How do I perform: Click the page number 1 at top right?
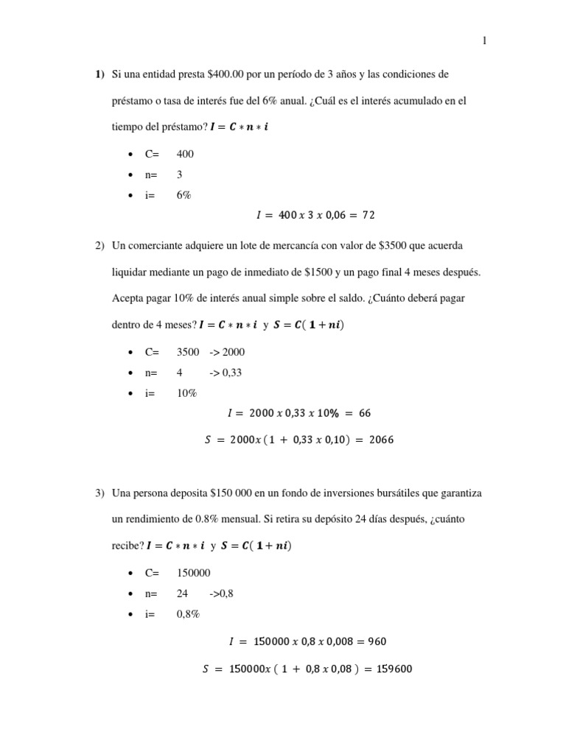tap(484, 42)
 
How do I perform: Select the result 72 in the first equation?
tap(368, 216)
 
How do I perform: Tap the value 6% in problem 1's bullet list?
tap(184, 195)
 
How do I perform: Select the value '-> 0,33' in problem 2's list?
tap(226, 373)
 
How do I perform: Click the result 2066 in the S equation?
tap(381, 440)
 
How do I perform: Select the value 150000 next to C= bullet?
tap(194, 573)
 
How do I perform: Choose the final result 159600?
tap(396, 669)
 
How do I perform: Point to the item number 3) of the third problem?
tap(99, 493)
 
